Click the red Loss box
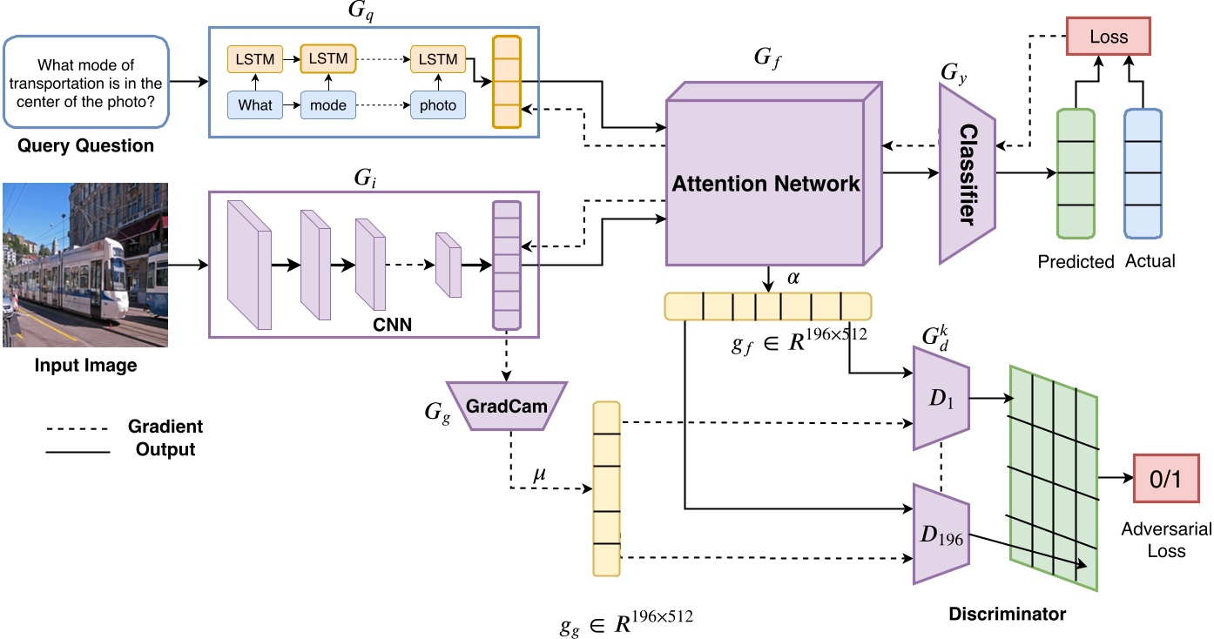pyautogui.click(x=1109, y=37)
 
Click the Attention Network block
pyautogui.click(x=765, y=182)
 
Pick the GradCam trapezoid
pyautogui.click(x=506, y=405)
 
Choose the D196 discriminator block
pyautogui.click(x=941, y=532)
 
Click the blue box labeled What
pyautogui.click(x=256, y=105)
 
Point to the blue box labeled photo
pyautogui.click(x=438, y=105)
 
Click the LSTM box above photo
pyautogui.click(x=438, y=58)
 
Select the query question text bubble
pyautogui.click(x=84, y=83)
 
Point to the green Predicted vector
pyautogui.click(x=1075, y=174)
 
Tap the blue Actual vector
pyautogui.click(x=1143, y=174)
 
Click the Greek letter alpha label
pyautogui.click(x=792, y=279)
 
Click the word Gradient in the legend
pyautogui.click(x=165, y=427)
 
